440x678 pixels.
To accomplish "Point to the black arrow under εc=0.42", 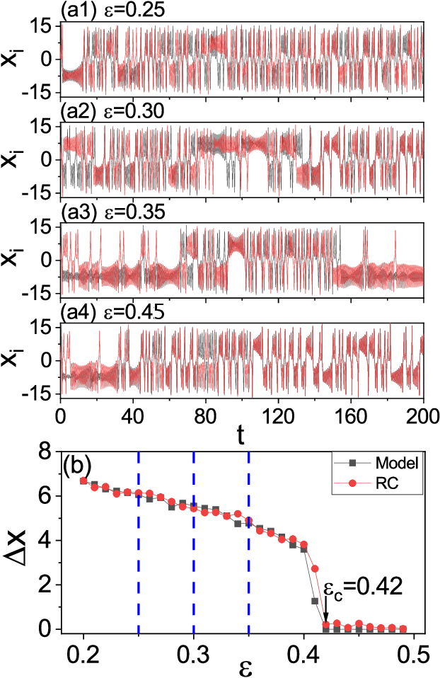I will point(325,609).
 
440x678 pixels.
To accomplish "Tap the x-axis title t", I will point(241,437).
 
